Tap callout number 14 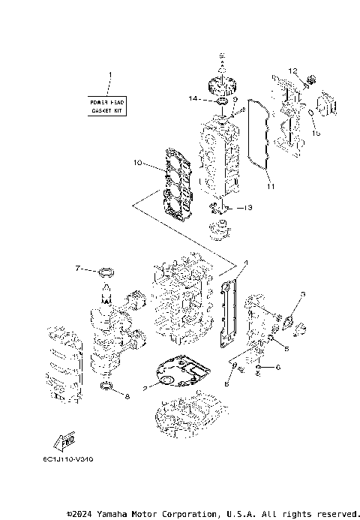point(192,98)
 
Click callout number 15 point(316,134)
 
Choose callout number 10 point(137,162)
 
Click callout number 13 point(249,206)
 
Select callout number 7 point(77,268)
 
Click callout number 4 point(244,263)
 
